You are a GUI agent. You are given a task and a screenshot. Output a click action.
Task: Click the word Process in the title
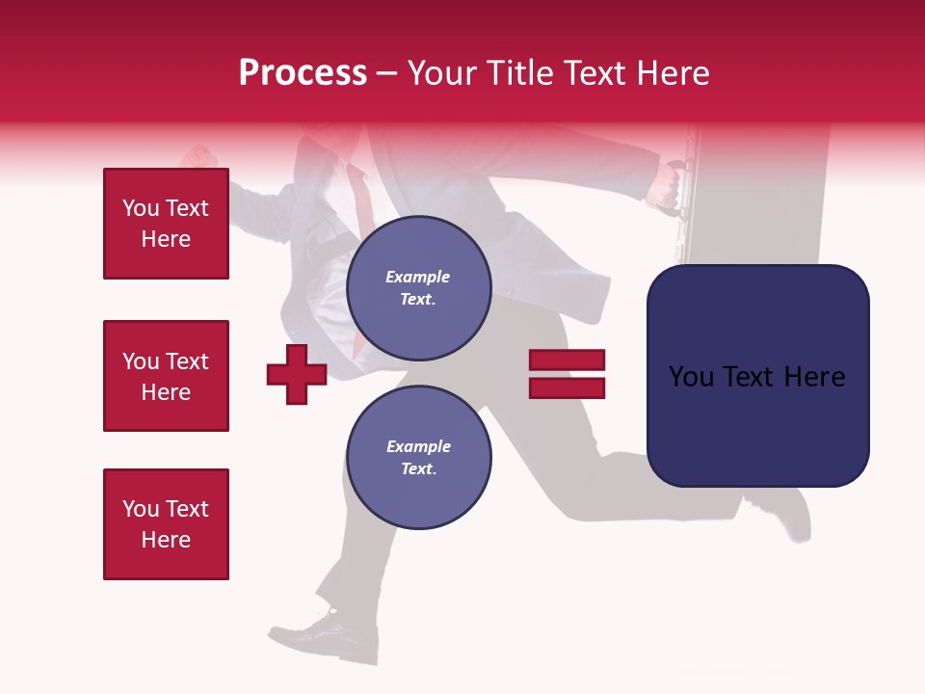click(303, 72)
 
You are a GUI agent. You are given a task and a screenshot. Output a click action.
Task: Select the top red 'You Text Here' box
click(166, 224)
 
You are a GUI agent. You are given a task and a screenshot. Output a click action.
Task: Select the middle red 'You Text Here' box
click(166, 376)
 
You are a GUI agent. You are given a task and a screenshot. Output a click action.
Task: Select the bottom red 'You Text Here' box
click(166, 524)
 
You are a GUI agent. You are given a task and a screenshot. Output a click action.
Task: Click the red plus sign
click(297, 374)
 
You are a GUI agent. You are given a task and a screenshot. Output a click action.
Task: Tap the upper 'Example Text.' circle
click(418, 288)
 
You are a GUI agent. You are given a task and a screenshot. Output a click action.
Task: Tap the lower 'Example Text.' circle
click(418, 457)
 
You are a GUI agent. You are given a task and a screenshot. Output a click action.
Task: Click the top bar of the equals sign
click(567, 360)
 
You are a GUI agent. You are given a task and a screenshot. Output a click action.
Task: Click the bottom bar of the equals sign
click(567, 388)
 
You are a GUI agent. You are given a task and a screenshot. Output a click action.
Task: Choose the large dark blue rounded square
click(757, 375)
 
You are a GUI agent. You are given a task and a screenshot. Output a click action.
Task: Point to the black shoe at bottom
click(337, 636)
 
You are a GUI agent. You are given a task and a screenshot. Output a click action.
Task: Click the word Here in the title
click(674, 73)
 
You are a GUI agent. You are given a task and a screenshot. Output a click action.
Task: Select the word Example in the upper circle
click(418, 277)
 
